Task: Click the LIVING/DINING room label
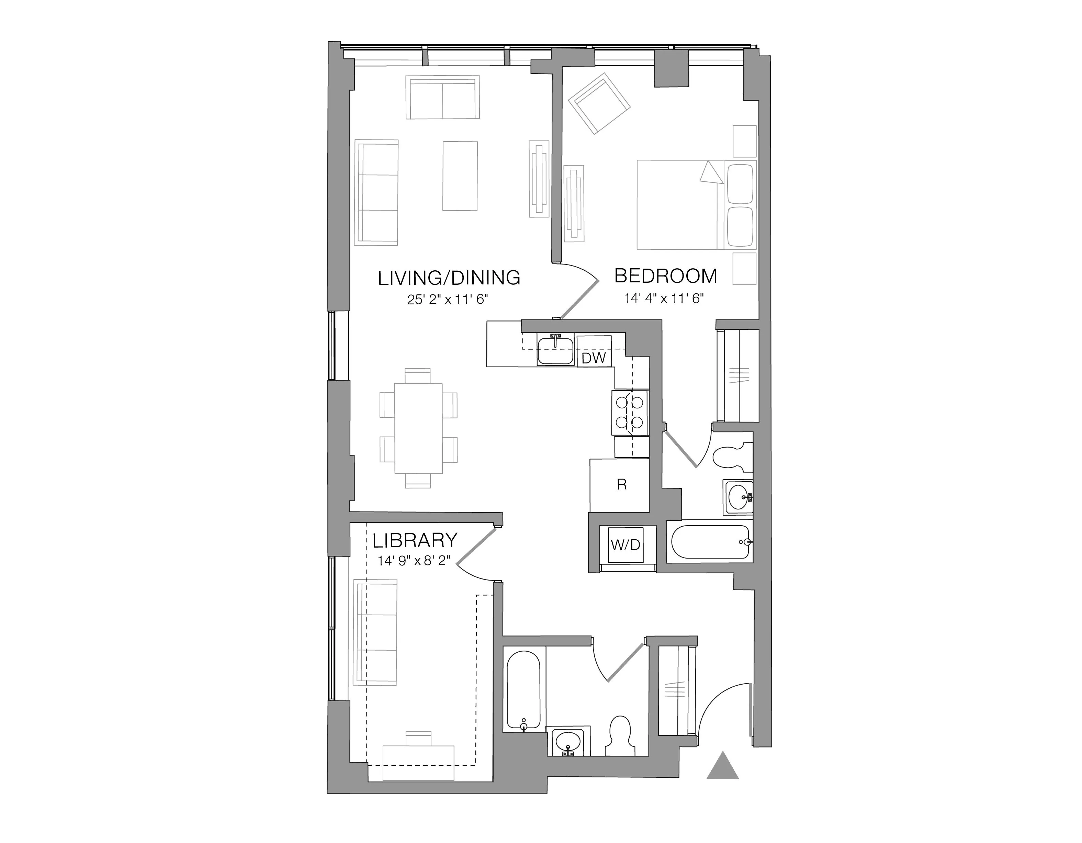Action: pyautogui.click(x=449, y=278)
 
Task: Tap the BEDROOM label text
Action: pyautogui.click(x=665, y=276)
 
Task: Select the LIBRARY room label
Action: pyautogui.click(x=415, y=540)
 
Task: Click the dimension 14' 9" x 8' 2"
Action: pyautogui.click(x=414, y=561)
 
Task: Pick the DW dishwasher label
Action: pyautogui.click(x=594, y=358)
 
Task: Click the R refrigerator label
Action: pyautogui.click(x=621, y=485)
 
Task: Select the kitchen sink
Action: pyautogui.click(x=555, y=351)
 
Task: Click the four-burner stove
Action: pyautogui.click(x=630, y=411)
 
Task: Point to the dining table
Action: pyautogui.click(x=418, y=428)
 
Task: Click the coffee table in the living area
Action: pyautogui.click(x=460, y=176)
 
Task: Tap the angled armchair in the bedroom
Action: pyautogui.click(x=599, y=104)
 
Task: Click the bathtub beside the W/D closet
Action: pyautogui.click(x=709, y=542)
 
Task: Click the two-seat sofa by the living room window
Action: pyautogui.click(x=442, y=97)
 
